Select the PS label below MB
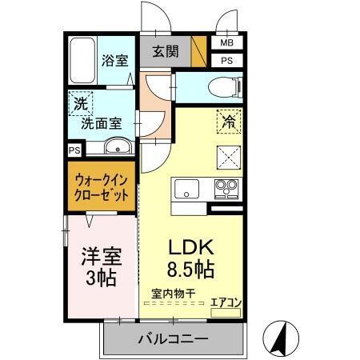click(227, 60)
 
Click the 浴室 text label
click(114, 60)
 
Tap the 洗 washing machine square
click(80, 103)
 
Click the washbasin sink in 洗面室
click(117, 147)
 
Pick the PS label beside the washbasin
click(74, 149)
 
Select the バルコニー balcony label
click(172, 338)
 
